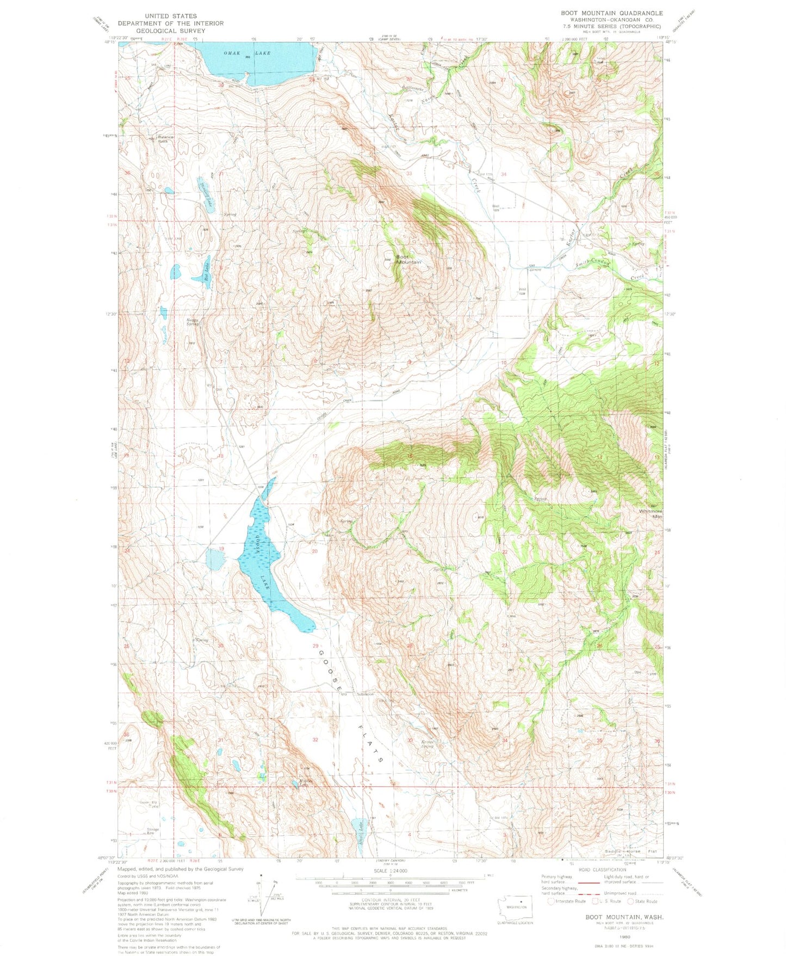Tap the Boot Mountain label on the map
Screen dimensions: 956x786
click(408, 260)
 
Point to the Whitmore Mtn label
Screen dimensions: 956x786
click(650, 513)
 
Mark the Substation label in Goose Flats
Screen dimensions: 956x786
click(365, 694)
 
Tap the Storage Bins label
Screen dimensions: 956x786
click(153, 831)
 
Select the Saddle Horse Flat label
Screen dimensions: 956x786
click(631, 851)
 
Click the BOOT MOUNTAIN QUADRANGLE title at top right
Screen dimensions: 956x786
click(611, 13)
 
